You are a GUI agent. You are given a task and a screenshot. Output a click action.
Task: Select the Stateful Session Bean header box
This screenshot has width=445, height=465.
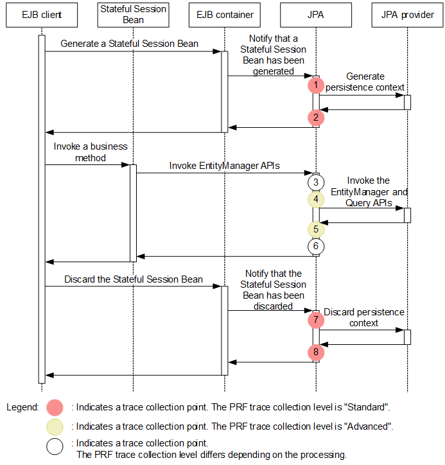pyautogui.click(x=134, y=15)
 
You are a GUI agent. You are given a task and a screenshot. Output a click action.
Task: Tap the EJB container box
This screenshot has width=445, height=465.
pyautogui.click(x=225, y=15)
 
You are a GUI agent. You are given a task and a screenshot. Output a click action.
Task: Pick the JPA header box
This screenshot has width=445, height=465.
pyautogui.click(x=316, y=15)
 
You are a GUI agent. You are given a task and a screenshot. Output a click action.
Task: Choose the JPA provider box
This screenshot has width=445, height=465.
pyautogui.click(x=407, y=15)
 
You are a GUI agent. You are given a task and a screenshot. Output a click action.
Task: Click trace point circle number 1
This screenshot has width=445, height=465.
pyautogui.click(x=316, y=85)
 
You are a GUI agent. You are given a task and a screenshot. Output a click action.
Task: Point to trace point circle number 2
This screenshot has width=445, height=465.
pyautogui.click(x=316, y=118)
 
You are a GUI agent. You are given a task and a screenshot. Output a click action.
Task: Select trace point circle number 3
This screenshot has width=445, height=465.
pyautogui.click(x=316, y=182)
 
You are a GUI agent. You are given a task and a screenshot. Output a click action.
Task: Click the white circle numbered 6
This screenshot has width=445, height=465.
pyautogui.click(x=316, y=246)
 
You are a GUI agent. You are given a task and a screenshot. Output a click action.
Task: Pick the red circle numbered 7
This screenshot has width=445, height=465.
pyautogui.click(x=316, y=319)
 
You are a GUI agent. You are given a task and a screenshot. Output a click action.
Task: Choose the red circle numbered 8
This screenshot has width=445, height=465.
pyautogui.click(x=316, y=352)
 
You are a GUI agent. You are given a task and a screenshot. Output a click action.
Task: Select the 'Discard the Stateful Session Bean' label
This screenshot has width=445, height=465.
pyautogui.click(x=134, y=279)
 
